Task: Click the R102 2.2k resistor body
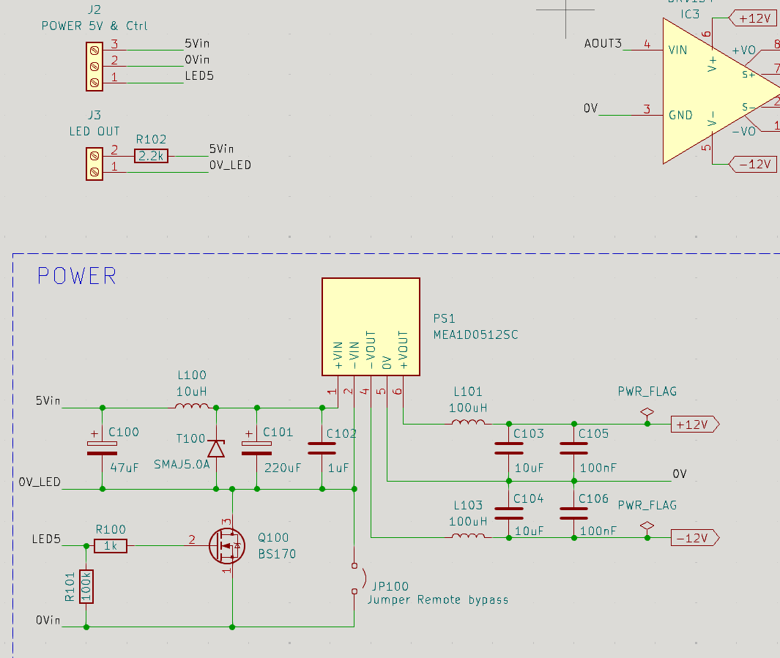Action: point(151,156)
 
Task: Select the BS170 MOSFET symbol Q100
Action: point(227,546)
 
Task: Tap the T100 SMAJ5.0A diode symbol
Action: point(216,448)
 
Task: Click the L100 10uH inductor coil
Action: point(192,406)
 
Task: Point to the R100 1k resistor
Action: point(111,546)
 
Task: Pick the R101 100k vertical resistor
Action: point(86,586)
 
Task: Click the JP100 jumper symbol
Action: point(357,578)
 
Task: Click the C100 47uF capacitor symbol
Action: point(102,448)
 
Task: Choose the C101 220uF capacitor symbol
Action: point(256,448)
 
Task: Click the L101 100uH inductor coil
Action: point(468,422)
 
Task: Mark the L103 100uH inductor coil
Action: point(468,536)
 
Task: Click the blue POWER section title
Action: point(77,276)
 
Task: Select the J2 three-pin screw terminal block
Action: point(94,67)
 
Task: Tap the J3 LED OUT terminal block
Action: point(94,164)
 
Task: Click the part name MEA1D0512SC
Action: point(475,334)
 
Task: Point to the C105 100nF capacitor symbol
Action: point(573,448)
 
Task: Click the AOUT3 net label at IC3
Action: point(603,44)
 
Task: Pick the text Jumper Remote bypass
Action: point(438,600)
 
